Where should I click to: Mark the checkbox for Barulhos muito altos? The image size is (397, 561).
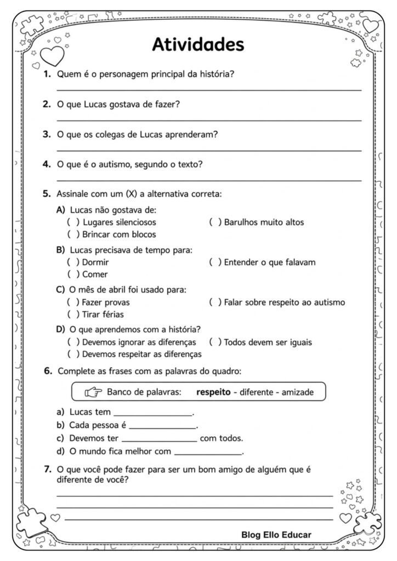click(x=215, y=222)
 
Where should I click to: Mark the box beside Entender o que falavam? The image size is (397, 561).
click(x=215, y=262)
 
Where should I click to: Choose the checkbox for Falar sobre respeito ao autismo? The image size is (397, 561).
click(x=215, y=302)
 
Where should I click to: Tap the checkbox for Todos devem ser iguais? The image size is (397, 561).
click(x=215, y=342)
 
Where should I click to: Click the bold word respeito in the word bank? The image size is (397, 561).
click(x=213, y=392)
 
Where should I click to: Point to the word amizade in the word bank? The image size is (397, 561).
click(x=299, y=392)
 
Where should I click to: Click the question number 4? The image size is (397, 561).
click(x=47, y=163)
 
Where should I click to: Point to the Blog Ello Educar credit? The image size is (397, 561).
click(x=276, y=534)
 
